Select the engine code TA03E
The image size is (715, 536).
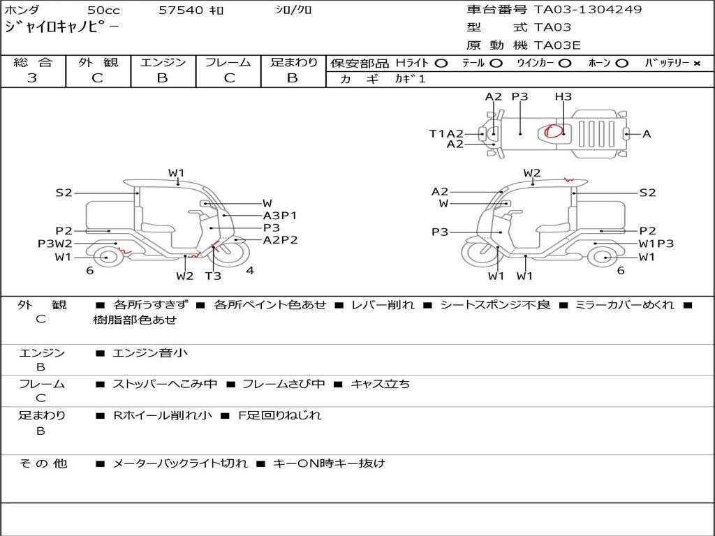click(557, 46)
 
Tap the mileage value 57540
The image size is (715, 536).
click(181, 10)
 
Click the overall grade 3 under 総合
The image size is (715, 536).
click(32, 78)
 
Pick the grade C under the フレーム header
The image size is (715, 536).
click(228, 78)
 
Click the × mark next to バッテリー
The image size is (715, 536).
click(696, 63)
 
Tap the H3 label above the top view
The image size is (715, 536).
click(563, 96)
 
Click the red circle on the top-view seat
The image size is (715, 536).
click(554, 131)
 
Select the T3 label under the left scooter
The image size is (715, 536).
click(213, 276)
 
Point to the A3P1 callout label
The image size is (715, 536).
click(280, 216)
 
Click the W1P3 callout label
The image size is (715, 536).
click(656, 244)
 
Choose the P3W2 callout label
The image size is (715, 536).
click(55, 244)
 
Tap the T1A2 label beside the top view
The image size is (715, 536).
click(446, 133)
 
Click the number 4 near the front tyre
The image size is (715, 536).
click(249, 271)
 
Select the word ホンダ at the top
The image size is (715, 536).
click(22, 10)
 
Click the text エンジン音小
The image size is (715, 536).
click(150, 354)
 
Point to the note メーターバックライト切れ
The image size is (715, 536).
click(179, 463)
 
